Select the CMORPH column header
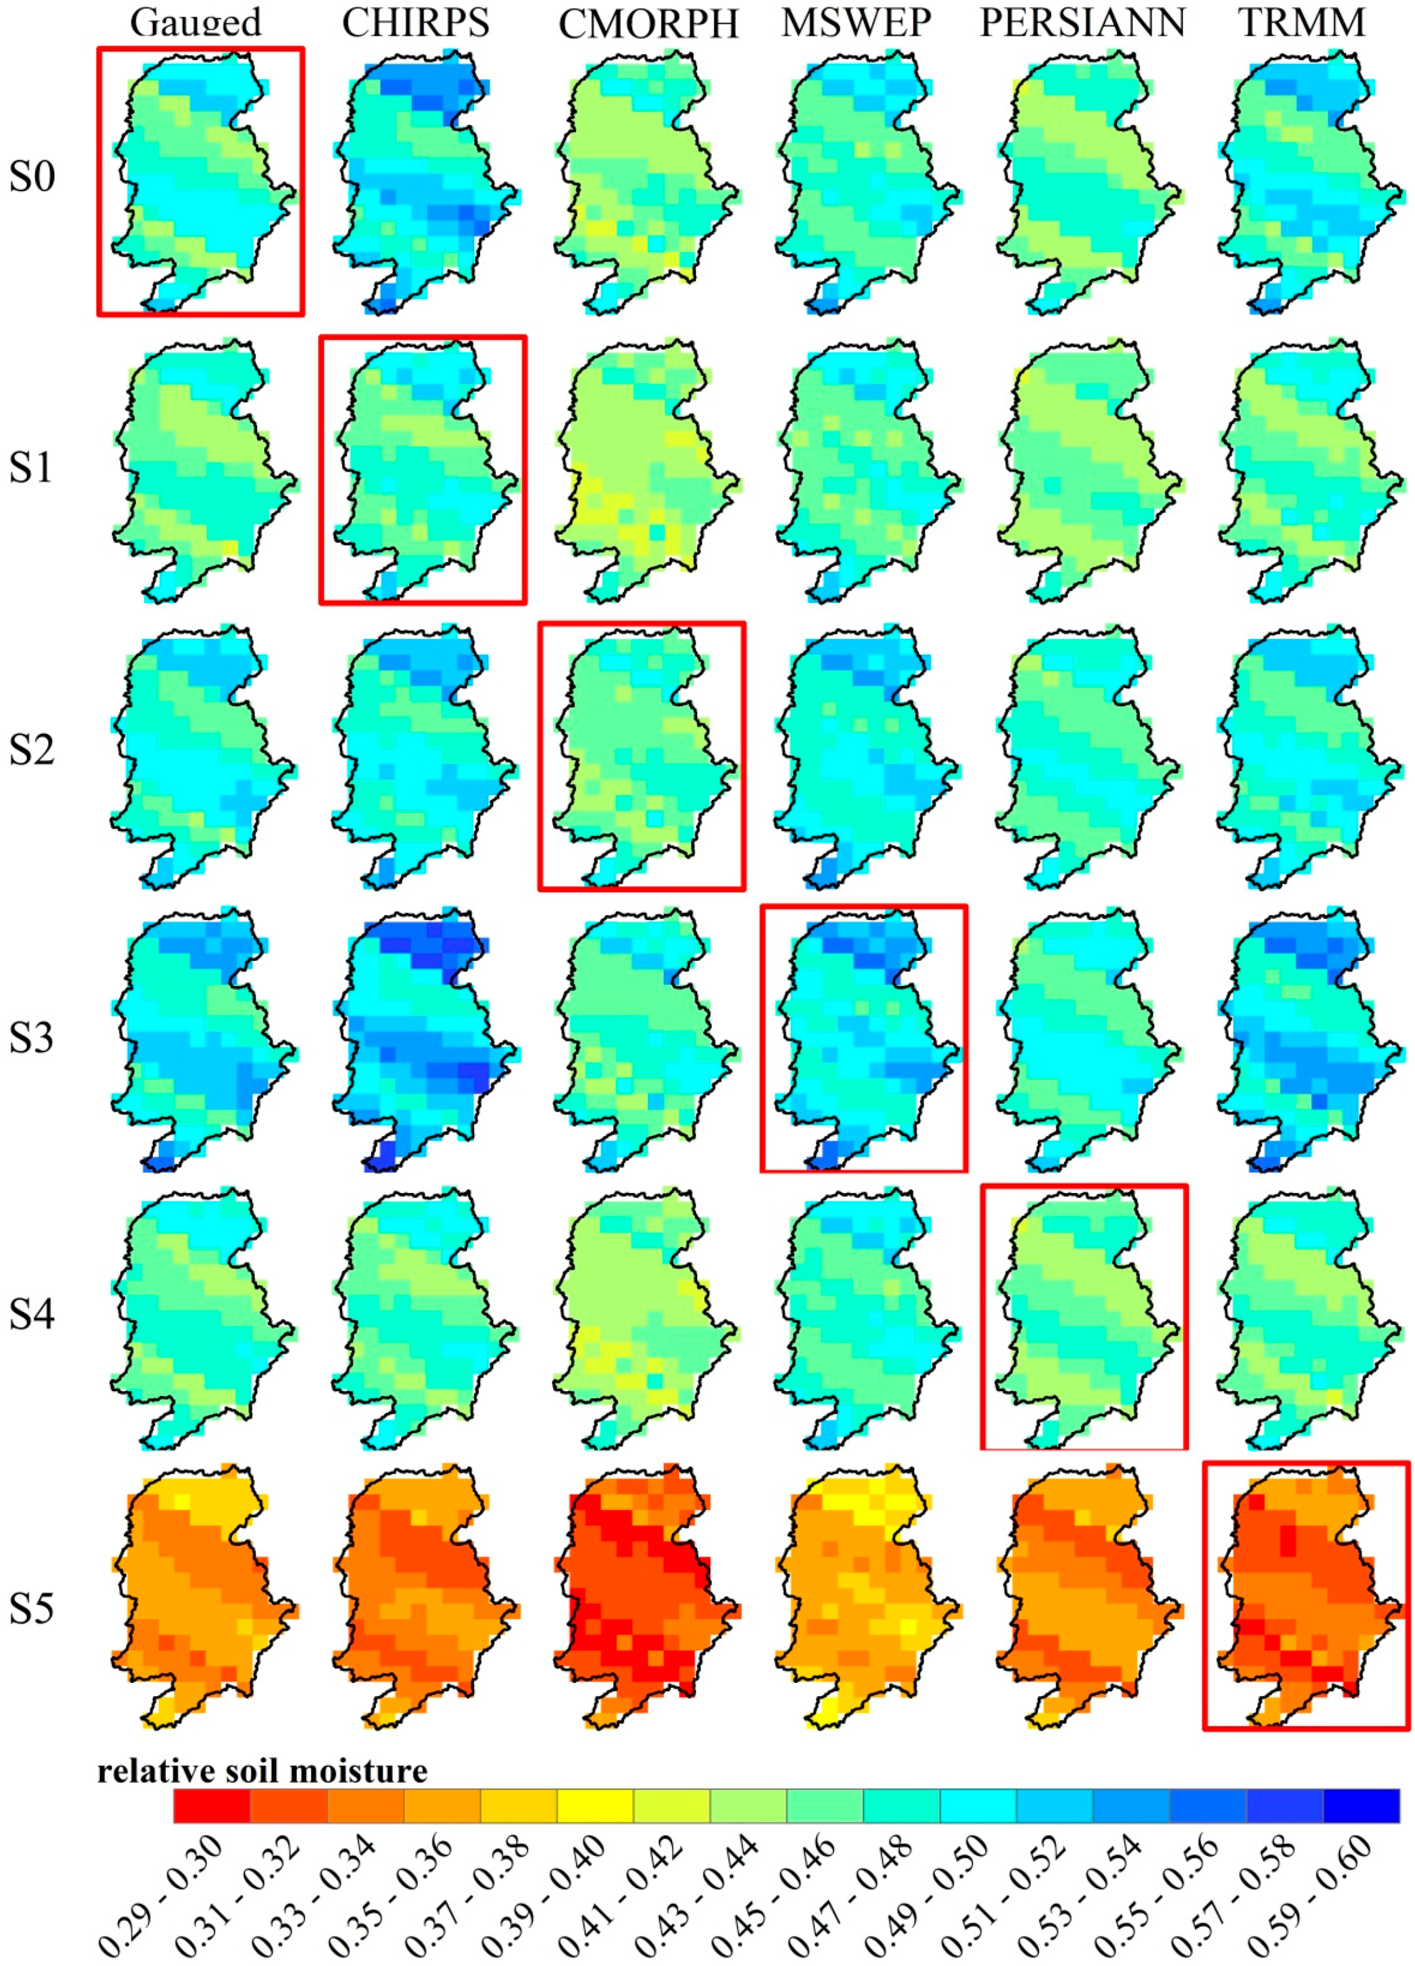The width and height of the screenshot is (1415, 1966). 648,25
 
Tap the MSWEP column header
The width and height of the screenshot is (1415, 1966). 856,23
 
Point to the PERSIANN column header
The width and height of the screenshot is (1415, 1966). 1082,23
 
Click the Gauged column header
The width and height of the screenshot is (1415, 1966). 196,23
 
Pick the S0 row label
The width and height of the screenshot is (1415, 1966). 32,176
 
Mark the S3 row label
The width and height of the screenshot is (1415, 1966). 32,1038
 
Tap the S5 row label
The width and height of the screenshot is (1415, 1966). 32,1608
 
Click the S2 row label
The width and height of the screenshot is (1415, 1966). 32,750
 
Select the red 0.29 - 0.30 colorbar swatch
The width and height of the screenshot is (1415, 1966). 211,1806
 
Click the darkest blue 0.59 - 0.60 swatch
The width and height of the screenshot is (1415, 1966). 1362,1806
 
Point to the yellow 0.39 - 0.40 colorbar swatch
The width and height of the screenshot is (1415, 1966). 595,1806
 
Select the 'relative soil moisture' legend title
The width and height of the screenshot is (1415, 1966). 262,1770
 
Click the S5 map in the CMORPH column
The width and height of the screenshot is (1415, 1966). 646,1604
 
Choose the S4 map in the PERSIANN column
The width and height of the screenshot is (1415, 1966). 1085,1318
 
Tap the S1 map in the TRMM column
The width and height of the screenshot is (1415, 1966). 1308,468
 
